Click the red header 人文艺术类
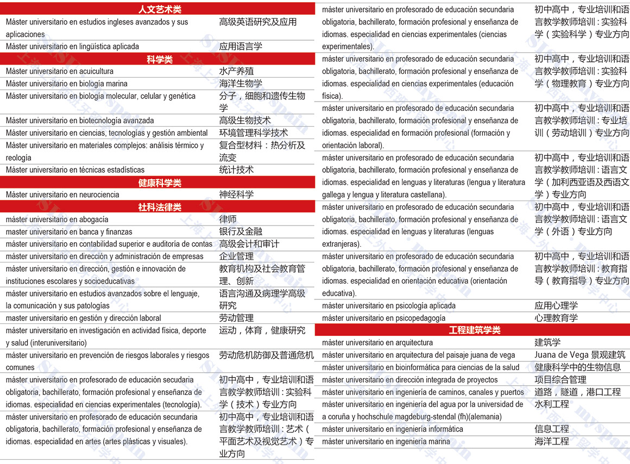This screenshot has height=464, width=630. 160,9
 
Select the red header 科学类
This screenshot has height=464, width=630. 160,59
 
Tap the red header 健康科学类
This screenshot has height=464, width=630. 160,183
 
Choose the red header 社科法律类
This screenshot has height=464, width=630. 160,207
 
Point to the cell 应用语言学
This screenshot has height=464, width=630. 241,47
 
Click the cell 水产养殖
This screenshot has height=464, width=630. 236,71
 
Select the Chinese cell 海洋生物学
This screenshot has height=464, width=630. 241,84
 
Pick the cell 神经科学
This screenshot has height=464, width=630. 236,195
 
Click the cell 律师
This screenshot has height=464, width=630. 228,220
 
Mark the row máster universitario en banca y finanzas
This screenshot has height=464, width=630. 69,232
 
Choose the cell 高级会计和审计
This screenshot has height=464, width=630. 249,244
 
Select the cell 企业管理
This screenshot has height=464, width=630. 236,256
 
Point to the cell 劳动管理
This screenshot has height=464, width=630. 236,318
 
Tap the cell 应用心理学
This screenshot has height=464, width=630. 556,305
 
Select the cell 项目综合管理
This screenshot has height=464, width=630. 560,380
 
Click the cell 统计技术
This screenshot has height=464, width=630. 236,170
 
